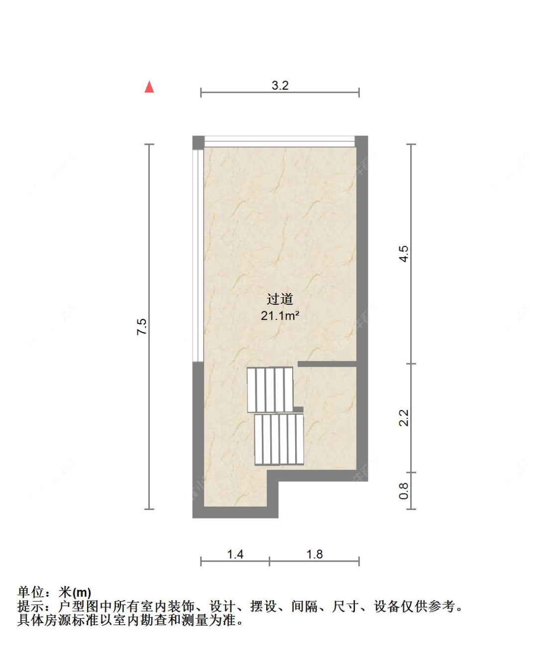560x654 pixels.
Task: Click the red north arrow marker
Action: click(149, 87)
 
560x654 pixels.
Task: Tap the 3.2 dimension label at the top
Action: click(280, 85)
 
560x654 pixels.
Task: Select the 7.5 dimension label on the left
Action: click(142, 326)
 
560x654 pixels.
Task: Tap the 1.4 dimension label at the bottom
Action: click(235, 554)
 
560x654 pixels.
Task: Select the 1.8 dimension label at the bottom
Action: click(314, 554)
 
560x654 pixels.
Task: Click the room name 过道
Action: click(280, 299)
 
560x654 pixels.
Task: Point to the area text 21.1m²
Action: click(280, 315)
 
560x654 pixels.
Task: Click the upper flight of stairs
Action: click(270, 390)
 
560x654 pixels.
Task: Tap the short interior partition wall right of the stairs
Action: click(327, 364)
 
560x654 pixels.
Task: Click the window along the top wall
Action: click(279, 141)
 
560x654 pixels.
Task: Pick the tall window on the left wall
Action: click(199, 254)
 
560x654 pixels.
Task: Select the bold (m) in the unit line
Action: click(82, 593)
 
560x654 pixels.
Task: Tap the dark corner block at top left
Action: click(198, 142)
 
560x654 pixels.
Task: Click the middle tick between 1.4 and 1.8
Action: click(269, 561)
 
